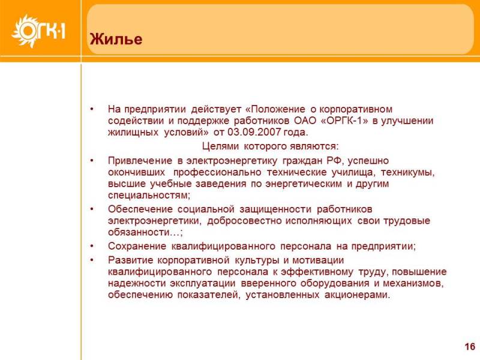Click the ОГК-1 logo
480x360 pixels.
[x=38, y=31]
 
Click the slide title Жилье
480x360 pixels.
[x=116, y=39]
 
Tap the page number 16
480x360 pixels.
[x=470, y=347]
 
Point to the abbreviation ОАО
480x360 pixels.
[x=305, y=121]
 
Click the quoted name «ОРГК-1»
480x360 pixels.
[x=344, y=121]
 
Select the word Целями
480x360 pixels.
[x=220, y=146]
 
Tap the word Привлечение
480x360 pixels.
[x=140, y=161]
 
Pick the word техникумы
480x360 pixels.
[x=407, y=172]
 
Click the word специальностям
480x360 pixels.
[x=149, y=196]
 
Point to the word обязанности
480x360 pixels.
[x=139, y=232]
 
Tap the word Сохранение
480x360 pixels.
[x=137, y=246]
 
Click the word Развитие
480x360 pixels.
[x=130, y=260]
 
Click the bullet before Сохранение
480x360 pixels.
[x=92, y=246]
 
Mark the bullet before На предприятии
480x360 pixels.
[x=92, y=109]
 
